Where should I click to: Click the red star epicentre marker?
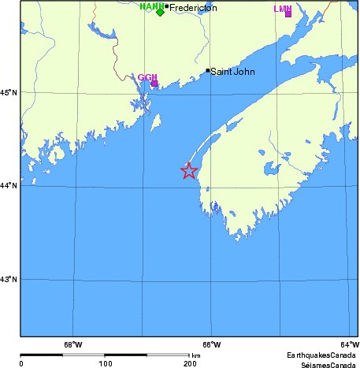189,170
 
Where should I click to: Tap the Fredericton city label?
193,8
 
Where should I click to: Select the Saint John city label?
233,71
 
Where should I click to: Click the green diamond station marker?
160,12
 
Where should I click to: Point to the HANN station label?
150,6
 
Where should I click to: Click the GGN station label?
147,77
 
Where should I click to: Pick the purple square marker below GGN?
154,83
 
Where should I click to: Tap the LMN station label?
282,9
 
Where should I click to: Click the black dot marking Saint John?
208,70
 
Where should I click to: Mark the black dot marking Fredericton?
167,7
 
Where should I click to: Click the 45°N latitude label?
10,93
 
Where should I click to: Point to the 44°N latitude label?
10,186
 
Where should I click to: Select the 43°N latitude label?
10,279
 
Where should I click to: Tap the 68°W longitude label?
72,344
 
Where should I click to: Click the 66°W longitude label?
211,344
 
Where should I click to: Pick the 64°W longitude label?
349,344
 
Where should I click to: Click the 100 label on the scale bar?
105,363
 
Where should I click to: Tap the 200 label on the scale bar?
189,363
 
